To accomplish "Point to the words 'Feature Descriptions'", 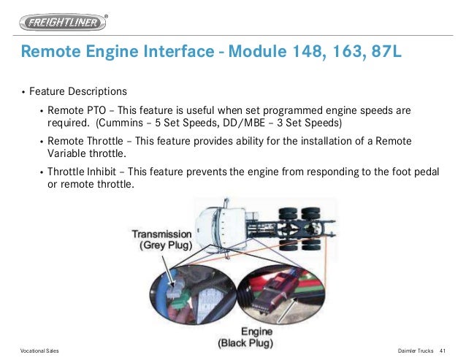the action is [78, 92].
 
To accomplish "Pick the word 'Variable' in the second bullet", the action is [68, 153].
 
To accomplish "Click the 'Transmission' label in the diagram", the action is [161, 234].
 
